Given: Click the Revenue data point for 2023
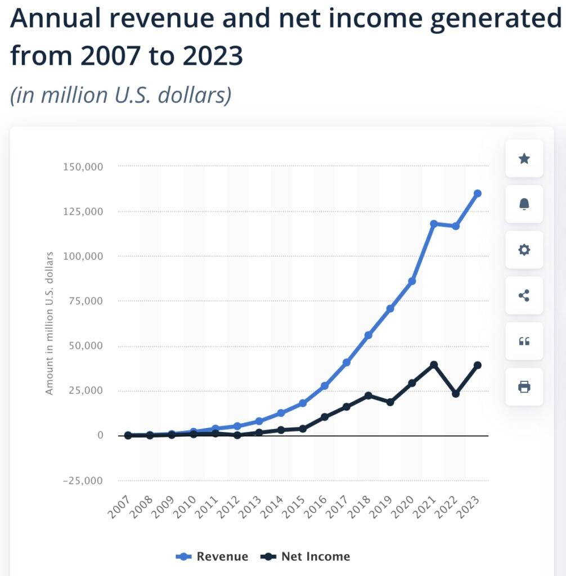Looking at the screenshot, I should point(477,193).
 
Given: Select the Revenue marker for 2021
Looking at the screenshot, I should point(434,224).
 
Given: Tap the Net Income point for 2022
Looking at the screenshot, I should point(456,394).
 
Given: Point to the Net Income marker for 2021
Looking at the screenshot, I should point(434,365).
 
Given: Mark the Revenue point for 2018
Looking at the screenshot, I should point(369,335).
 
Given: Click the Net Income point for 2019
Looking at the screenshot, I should point(390,402).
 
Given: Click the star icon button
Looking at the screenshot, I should point(524,159).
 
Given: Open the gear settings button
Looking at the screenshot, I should point(524,250).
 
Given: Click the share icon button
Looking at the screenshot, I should point(524,295).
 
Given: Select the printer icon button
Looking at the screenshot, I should point(524,386).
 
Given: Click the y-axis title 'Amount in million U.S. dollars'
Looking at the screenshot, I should point(50,323).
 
